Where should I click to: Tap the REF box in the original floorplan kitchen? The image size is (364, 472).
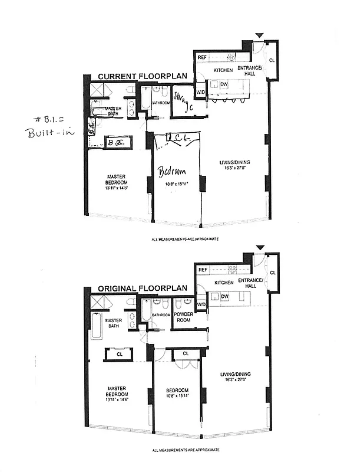coord(203,270)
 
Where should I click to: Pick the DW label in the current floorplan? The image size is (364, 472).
coord(224,84)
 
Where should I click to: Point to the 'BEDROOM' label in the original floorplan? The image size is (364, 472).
coord(177,391)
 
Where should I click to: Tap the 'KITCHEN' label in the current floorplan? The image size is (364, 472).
coord(223,70)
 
